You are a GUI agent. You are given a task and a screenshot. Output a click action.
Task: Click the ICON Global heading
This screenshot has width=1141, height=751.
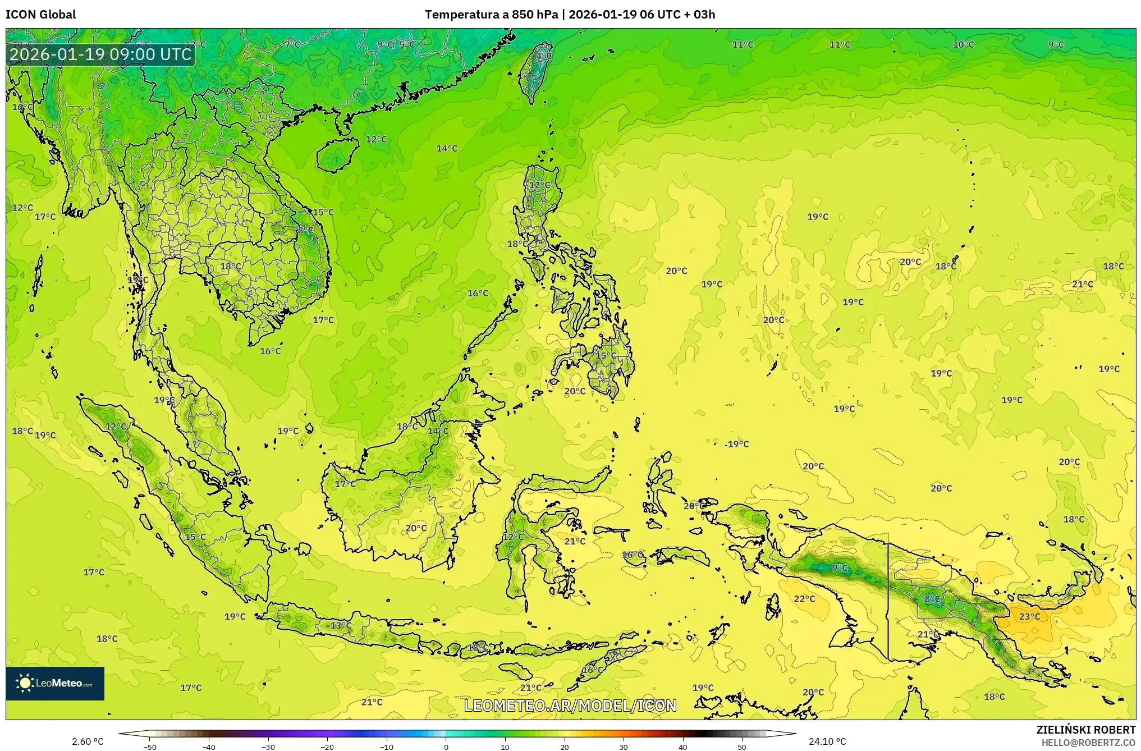point(40,15)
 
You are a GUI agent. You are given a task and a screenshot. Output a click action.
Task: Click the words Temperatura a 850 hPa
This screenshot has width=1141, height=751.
point(491,15)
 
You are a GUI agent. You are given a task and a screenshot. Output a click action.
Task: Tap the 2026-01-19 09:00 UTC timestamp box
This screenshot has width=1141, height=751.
point(101,54)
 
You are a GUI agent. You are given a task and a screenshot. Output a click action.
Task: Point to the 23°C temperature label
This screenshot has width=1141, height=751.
point(1029,616)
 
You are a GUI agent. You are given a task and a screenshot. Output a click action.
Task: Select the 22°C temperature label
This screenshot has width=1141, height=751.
point(804,599)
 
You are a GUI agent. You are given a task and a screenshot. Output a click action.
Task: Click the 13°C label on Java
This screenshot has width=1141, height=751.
point(341,625)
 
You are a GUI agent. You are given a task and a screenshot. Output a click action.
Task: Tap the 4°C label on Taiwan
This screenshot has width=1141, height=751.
point(543,56)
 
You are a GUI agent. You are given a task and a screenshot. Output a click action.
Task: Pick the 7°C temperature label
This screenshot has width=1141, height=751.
point(292,44)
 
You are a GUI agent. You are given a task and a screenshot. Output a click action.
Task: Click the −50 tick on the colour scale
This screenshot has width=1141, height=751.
point(150,747)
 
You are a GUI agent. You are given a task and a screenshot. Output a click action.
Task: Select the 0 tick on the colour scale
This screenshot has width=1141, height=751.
point(446,747)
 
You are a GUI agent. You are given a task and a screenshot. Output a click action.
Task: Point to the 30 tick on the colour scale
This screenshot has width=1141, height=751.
point(624,747)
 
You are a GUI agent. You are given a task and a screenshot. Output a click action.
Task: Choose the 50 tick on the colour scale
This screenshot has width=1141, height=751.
point(742,747)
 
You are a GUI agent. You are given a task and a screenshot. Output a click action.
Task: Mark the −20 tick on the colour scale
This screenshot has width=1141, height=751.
point(327,747)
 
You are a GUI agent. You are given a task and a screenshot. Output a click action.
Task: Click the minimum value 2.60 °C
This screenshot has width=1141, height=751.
point(88,741)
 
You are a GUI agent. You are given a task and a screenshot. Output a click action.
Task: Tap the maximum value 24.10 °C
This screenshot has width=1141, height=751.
point(827,741)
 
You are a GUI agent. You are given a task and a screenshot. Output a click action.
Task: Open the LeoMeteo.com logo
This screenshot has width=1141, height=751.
point(55,683)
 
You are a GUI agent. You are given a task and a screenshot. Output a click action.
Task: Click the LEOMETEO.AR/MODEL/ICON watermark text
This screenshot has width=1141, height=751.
point(570,706)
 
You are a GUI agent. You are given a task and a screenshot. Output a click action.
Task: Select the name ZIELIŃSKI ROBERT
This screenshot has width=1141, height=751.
point(1085,730)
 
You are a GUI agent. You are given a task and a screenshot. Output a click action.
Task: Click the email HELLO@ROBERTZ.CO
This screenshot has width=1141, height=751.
point(1088,743)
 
